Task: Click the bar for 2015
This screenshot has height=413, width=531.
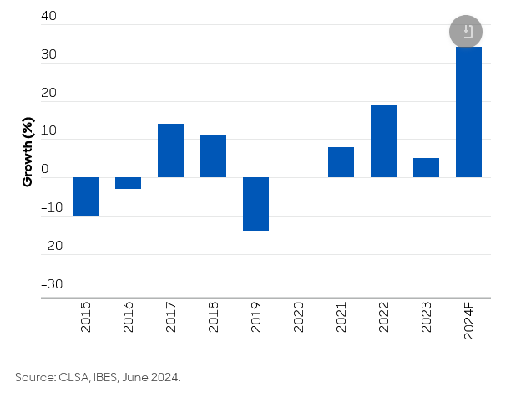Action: [85, 196]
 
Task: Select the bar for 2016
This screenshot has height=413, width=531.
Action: [128, 183]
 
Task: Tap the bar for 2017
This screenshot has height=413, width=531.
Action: [170, 150]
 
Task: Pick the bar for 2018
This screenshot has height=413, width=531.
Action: [213, 156]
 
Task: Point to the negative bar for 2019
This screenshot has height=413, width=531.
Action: [255, 204]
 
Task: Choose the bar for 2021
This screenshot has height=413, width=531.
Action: [341, 162]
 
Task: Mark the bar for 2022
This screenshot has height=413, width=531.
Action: [383, 140]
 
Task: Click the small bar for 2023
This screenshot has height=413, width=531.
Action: [426, 167]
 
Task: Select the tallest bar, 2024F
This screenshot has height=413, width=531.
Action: [468, 112]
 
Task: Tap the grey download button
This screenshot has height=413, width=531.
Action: [466, 32]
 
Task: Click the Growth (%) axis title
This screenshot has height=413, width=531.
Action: [28, 151]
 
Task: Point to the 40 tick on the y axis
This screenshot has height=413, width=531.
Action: [48, 17]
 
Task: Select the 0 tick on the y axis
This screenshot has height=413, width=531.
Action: [45, 170]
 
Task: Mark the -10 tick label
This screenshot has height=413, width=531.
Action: [51, 208]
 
